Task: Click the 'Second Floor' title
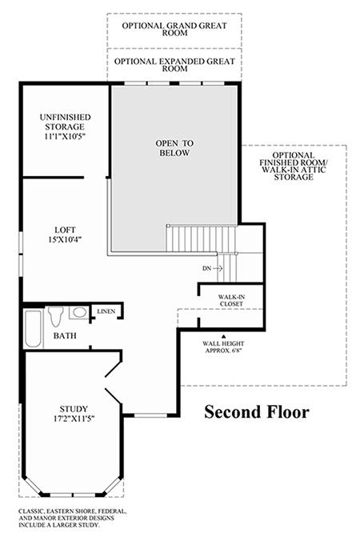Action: pos(257,411)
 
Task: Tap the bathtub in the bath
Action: pos(33,329)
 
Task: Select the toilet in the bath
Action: pos(56,316)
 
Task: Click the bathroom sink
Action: pos(79,312)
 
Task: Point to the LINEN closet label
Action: pos(106,311)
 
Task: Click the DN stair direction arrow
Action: pos(218,269)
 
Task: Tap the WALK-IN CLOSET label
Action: pos(232,300)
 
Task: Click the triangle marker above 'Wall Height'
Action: pos(224,337)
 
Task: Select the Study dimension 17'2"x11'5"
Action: pos(74,419)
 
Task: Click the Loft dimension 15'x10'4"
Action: pos(65,239)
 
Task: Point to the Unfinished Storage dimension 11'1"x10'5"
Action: pos(65,136)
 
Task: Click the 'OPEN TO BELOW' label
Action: pos(174,148)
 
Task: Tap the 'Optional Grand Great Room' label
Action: pos(174,29)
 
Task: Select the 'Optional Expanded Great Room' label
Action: pos(174,65)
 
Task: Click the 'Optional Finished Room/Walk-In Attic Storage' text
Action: pos(294,166)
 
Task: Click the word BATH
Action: pos(65,335)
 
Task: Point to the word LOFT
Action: pos(65,230)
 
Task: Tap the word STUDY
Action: pos(74,409)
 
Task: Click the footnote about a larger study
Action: pos(73,518)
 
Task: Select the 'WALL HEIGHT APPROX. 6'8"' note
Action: pos(223,347)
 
